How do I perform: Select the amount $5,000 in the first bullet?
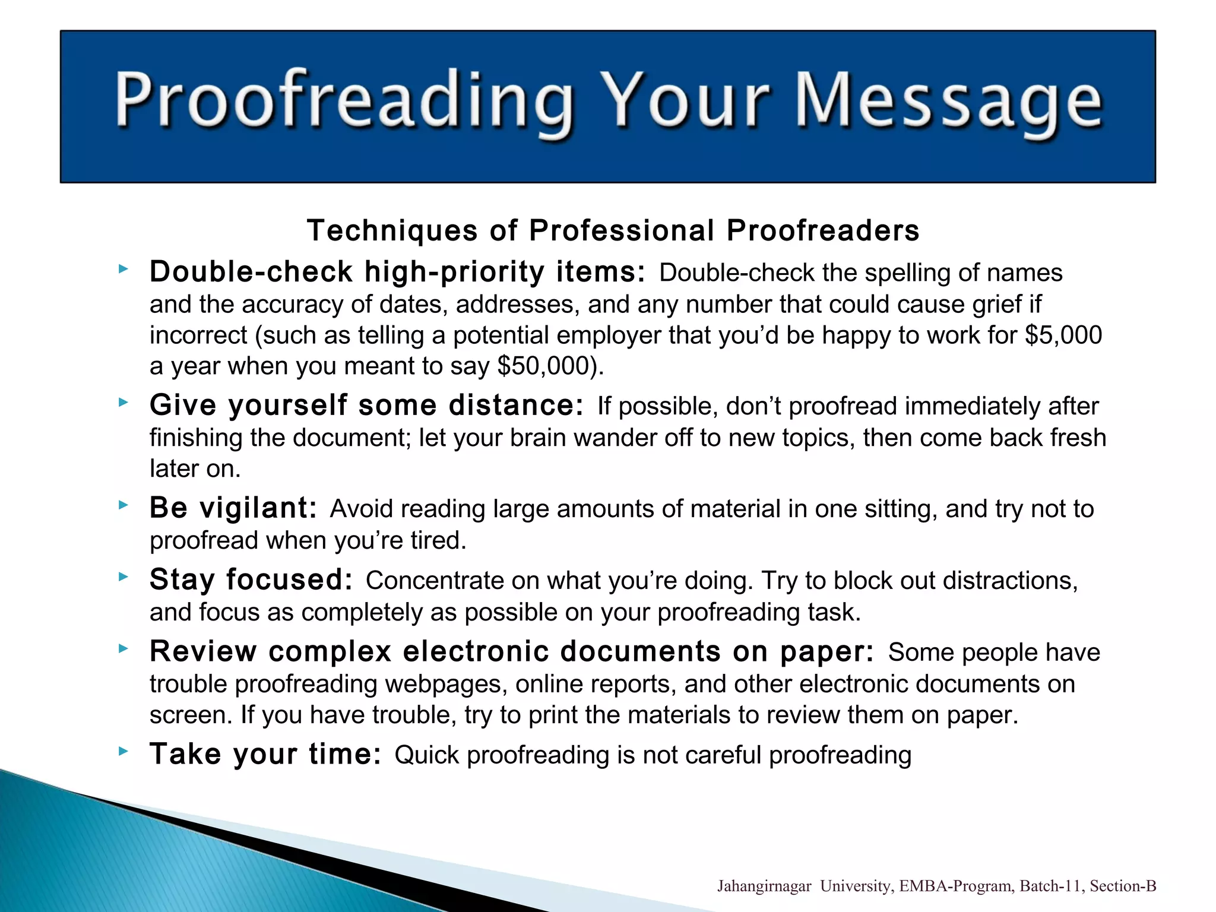coord(1063,335)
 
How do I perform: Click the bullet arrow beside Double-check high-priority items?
coord(123,270)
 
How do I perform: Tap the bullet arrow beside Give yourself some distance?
coord(123,403)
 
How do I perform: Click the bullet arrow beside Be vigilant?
coord(123,505)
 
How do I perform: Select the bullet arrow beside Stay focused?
coord(123,577)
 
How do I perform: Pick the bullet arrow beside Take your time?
coord(123,752)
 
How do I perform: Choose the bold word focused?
coord(289,580)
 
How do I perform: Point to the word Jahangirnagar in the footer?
coord(764,886)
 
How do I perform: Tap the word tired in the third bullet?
coord(438,541)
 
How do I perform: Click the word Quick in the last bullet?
coord(427,755)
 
